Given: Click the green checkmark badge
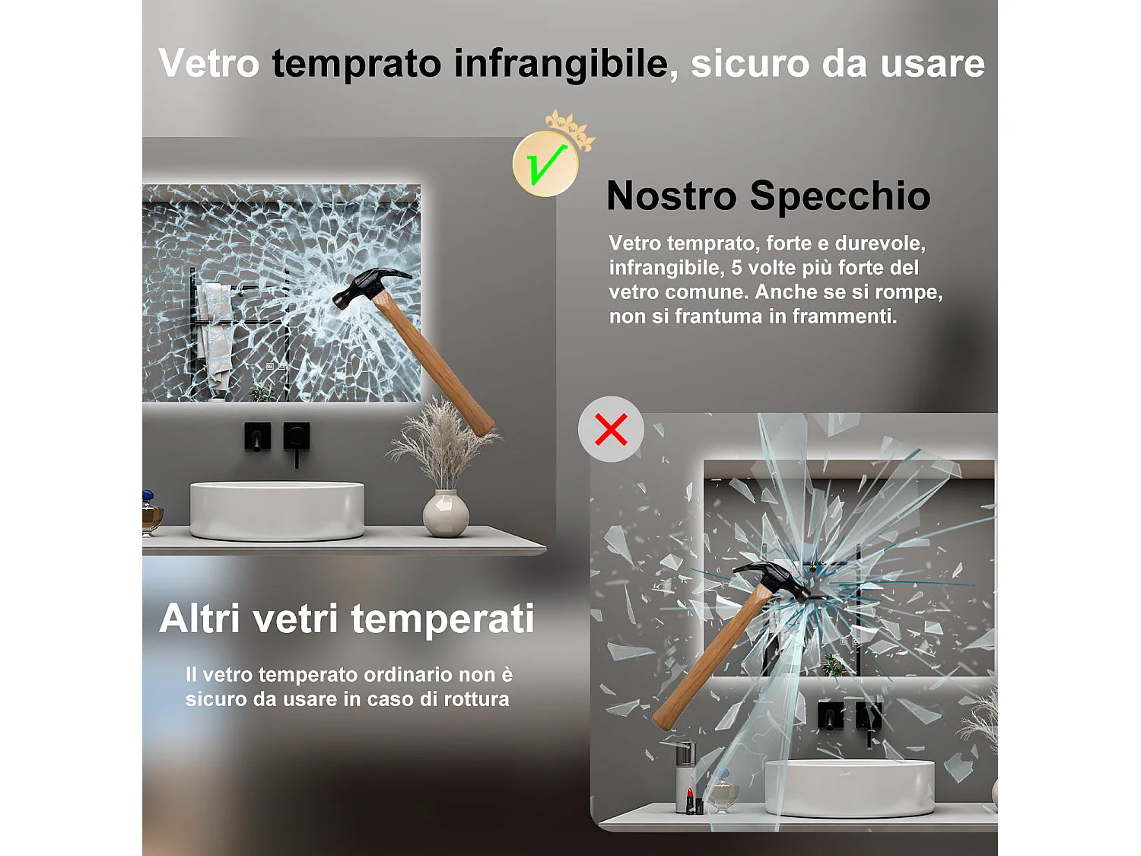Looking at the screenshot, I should (x=545, y=164).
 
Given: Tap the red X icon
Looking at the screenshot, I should (x=611, y=429).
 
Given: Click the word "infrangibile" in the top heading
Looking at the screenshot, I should (x=561, y=63).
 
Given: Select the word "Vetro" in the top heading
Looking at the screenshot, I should (x=209, y=63).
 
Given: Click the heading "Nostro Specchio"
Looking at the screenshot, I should (x=768, y=196).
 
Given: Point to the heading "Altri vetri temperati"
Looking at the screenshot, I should (x=347, y=618).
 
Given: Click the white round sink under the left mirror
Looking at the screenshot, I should (x=277, y=510).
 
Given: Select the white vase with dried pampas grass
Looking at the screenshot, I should (x=446, y=514).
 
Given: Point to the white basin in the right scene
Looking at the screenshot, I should (x=849, y=788).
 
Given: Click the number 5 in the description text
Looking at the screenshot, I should (x=736, y=268).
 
